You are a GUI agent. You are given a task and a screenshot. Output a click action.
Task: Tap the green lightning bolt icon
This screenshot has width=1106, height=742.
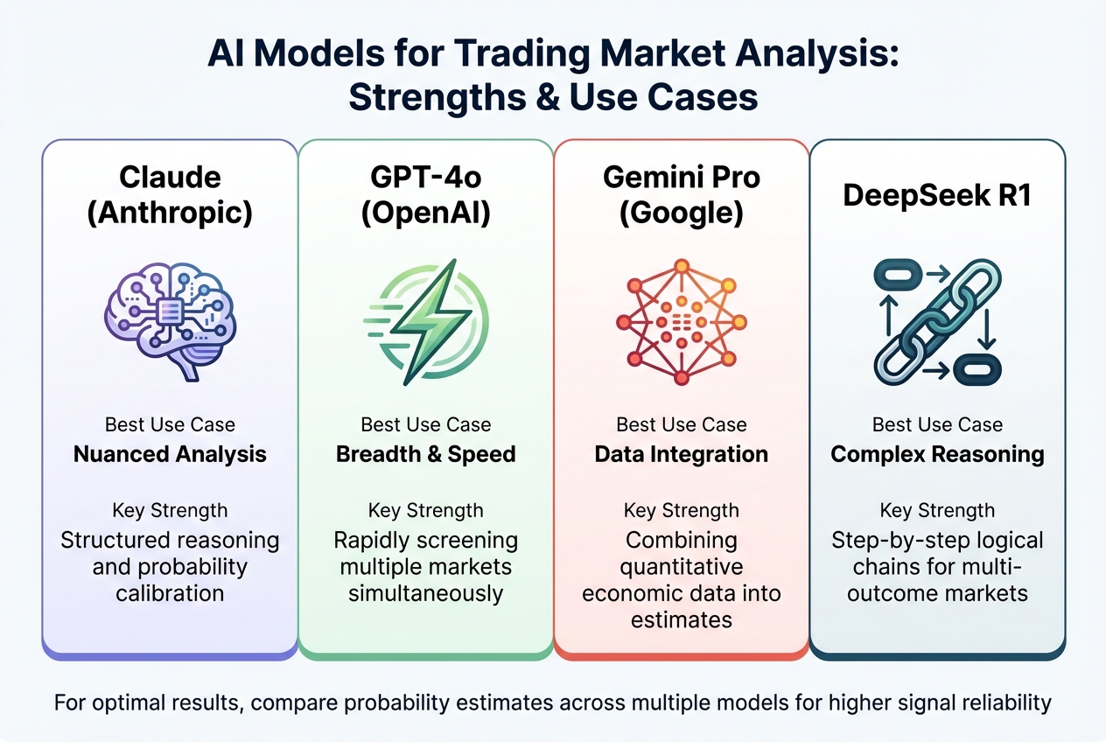coord(426,320)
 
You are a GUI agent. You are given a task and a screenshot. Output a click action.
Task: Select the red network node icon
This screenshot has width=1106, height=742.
coord(682,318)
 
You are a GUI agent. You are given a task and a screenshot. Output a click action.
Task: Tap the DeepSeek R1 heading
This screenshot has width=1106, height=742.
coord(937,195)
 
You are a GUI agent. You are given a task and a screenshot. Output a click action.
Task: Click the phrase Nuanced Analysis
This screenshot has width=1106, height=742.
coord(170,454)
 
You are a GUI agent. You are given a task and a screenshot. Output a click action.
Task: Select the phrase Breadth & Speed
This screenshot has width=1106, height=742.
coord(426,454)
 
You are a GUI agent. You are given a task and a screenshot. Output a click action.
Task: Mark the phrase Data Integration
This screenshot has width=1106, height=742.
coord(682,454)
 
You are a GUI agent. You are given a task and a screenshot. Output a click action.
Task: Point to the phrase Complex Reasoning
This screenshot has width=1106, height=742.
coord(937,454)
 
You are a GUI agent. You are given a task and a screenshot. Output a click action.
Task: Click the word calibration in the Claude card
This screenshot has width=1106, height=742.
coord(170,593)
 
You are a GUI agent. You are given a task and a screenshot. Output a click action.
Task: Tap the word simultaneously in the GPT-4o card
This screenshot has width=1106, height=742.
coord(426,593)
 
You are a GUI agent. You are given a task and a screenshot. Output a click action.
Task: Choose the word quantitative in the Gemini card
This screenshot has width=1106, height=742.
coord(682,566)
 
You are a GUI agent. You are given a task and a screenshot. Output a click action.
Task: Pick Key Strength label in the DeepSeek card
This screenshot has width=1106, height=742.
coord(937,510)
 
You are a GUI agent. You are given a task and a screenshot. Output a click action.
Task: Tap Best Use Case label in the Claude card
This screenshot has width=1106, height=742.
coord(170,424)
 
